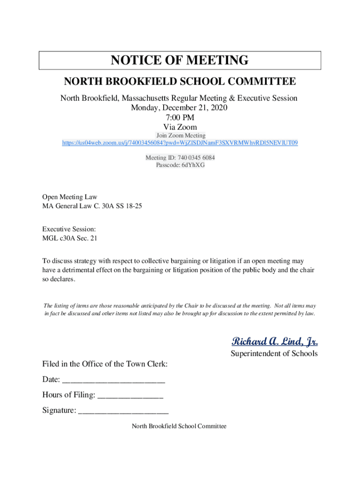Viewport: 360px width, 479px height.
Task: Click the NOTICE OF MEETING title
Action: (x=180, y=60)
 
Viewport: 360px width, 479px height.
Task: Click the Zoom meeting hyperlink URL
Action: (x=180, y=143)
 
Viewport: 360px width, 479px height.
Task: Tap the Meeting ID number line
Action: (x=180, y=158)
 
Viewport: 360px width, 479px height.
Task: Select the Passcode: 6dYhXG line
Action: (x=180, y=165)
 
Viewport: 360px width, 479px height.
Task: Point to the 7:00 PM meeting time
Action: (x=180, y=117)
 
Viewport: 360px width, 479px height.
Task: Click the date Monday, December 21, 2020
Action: (x=180, y=108)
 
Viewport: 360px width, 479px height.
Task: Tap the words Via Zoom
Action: (x=180, y=127)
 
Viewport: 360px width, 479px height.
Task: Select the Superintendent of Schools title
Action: (x=274, y=354)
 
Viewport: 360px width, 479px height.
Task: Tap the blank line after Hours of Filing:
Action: (x=130, y=395)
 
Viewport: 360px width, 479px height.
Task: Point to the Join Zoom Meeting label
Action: (x=180, y=136)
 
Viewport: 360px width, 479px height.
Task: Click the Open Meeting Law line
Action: (x=70, y=197)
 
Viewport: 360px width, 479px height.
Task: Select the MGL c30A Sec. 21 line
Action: (x=70, y=238)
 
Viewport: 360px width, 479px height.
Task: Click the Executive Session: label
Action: (x=69, y=229)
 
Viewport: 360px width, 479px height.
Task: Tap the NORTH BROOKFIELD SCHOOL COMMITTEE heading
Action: (x=180, y=82)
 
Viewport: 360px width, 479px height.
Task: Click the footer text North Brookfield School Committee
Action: (x=179, y=426)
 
